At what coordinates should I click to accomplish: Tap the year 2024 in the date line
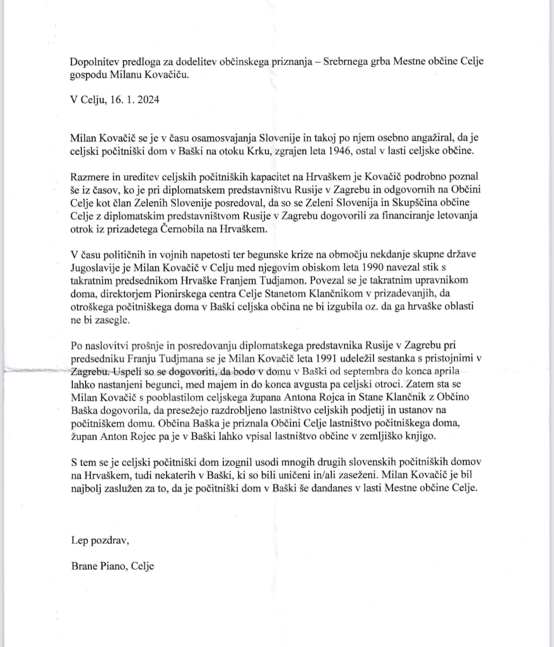coord(147,100)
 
